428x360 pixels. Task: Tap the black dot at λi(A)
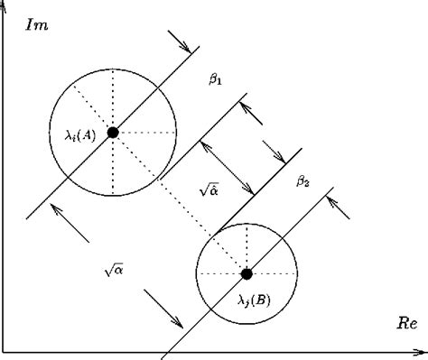tap(113, 133)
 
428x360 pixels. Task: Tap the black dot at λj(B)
tap(247, 273)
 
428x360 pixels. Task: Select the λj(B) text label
tap(252, 299)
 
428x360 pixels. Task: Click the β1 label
tap(216, 79)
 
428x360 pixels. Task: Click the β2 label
tap(303, 181)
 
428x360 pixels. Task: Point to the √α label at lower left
tap(113, 268)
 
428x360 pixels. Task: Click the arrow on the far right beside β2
tap(338, 202)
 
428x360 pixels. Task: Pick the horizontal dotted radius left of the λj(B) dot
tap(221, 273)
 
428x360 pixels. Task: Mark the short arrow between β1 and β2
tap(274, 152)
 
